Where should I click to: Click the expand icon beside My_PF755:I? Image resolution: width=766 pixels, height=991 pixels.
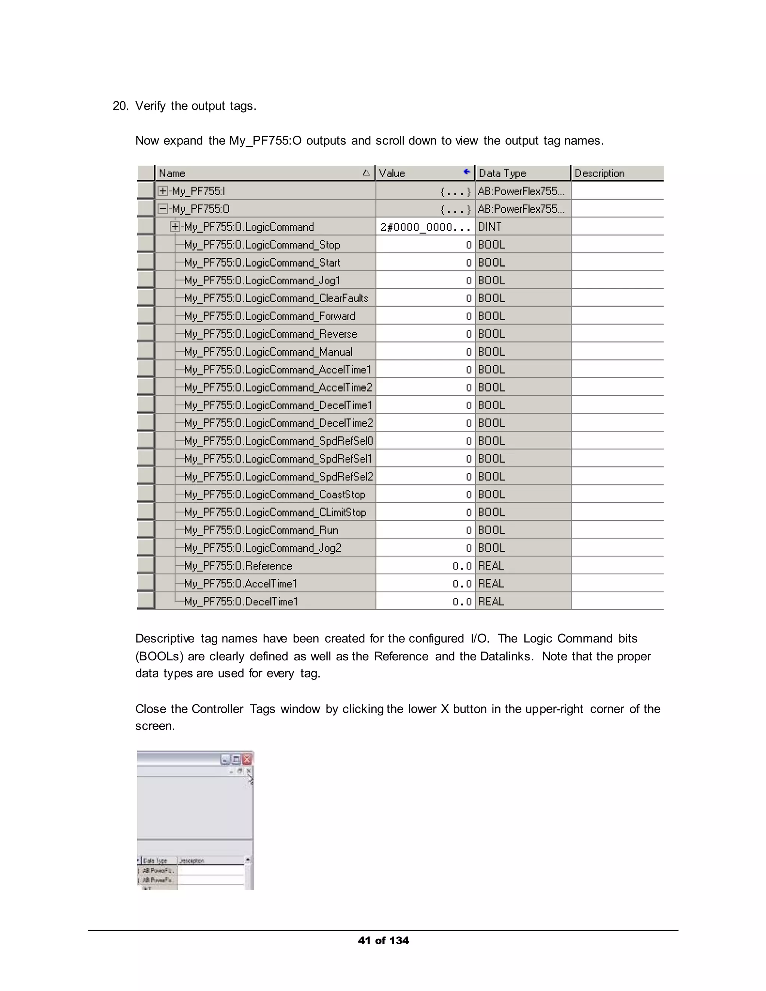(x=162, y=191)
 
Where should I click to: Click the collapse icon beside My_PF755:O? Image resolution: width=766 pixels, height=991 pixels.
(x=162, y=209)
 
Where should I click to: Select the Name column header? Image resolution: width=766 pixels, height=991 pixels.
(x=172, y=174)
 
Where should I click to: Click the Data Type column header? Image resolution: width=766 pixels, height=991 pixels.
(x=502, y=174)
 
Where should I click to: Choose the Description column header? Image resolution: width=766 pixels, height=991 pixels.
(x=600, y=174)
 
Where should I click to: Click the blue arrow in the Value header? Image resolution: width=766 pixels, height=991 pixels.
(x=466, y=172)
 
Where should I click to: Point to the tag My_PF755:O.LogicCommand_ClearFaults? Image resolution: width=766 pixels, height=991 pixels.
(x=276, y=298)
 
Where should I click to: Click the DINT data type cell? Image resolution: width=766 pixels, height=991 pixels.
(x=490, y=227)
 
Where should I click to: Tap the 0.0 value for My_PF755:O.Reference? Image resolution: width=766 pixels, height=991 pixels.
(x=462, y=566)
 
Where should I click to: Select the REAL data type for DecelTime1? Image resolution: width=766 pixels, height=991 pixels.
(x=491, y=602)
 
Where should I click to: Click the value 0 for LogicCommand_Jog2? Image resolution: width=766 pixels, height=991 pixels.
(x=469, y=548)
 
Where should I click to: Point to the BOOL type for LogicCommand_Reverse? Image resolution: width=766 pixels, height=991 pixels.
(x=491, y=334)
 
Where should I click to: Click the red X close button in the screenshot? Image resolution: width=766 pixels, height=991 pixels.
(x=247, y=760)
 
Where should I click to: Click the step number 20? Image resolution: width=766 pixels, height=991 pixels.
(x=120, y=106)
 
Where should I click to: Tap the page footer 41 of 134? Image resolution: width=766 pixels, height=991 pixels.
(x=383, y=941)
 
